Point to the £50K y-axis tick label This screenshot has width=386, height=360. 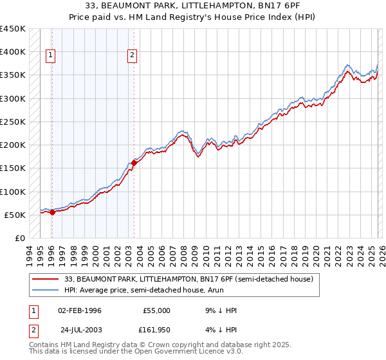click(15, 215)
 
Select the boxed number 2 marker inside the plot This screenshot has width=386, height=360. click(132, 56)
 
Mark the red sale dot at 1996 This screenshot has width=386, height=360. click(52, 213)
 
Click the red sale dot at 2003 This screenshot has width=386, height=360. click(134, 163)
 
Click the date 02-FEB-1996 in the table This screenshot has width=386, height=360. click(80, 310)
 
